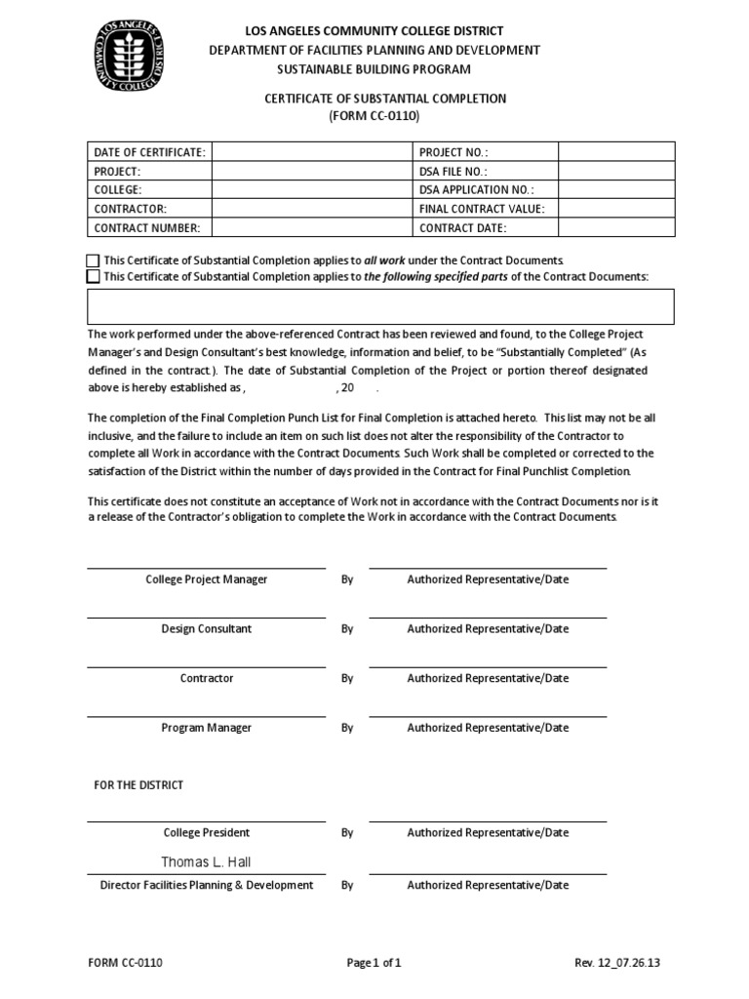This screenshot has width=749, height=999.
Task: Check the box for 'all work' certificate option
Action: click(x=93, y=261)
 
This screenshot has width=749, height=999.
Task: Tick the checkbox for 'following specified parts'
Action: click(x=93, y=277)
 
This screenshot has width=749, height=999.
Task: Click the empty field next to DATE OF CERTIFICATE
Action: click(x=311, y=152)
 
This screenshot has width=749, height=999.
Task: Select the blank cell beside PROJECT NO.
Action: click(x=615, y=152)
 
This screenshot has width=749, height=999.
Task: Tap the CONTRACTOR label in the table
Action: click(x=131, y=209)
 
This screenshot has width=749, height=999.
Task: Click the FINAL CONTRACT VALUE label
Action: click(x=482, y=209)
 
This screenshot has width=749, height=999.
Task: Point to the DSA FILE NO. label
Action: click(x=453, y=171)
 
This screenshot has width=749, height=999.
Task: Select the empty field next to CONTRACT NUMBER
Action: click(x=311, y=227)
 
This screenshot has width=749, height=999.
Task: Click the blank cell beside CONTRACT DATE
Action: click(x=615, y=227)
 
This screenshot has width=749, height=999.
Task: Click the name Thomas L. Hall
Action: click(x=206, y=862)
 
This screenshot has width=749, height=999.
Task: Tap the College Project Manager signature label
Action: click(x=206, y=579)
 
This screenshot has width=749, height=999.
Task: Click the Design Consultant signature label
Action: click(x=206, y=629)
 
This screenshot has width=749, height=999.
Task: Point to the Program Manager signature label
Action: click(x=206, y=728)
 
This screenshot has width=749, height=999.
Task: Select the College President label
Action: click(x=206, y=833)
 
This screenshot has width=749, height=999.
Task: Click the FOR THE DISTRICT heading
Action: click(x=138, y=785)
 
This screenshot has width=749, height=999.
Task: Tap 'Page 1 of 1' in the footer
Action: click(x=374, y=964)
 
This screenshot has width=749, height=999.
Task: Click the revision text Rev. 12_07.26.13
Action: click(x=617, y=964)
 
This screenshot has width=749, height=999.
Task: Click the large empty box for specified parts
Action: click(x=380, y=306)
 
